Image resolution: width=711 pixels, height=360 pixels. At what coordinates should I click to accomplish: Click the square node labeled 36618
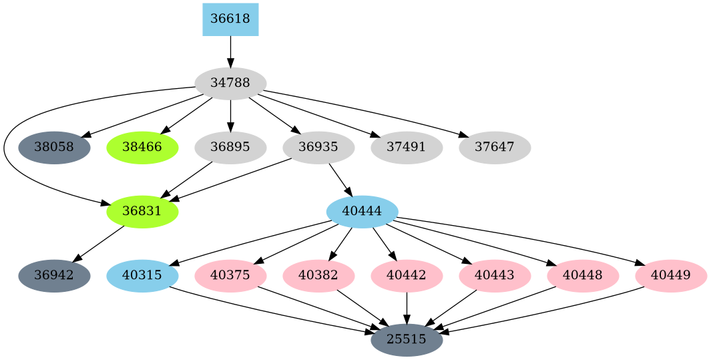(230, 19)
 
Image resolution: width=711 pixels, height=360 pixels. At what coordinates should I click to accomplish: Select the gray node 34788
(230, 83)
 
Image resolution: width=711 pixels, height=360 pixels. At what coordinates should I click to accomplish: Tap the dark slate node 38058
(54, 148)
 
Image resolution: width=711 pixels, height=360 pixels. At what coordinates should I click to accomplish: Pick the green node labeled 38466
(142, 148)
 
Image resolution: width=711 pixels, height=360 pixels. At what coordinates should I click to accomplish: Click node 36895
(230, 148)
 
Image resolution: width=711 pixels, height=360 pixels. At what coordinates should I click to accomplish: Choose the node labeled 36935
(318, 148)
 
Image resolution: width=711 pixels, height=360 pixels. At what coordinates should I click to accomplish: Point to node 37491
(407, 148)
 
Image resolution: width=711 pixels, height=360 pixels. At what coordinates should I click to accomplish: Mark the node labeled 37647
(495, 148)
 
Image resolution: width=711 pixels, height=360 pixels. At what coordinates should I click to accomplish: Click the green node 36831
(142, 212)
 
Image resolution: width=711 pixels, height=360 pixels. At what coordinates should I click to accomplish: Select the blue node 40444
(362, 212)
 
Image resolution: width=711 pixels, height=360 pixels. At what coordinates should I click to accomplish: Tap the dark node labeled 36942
(54, 276)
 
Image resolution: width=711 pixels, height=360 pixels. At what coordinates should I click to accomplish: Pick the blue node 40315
(142, 276)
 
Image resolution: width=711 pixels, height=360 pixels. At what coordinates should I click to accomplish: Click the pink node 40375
(230, 276)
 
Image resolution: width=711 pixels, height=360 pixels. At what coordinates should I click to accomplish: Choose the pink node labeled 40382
(318, 276)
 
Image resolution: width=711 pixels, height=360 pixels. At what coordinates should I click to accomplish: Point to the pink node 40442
(407, 276)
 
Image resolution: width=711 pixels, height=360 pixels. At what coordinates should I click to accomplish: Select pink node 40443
(495, 276)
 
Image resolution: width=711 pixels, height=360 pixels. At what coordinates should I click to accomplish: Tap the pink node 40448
(583, 276)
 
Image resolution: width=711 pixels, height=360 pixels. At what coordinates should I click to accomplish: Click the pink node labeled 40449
(671, 276)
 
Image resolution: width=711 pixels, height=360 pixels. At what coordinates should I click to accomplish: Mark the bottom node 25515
(407, 340)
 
